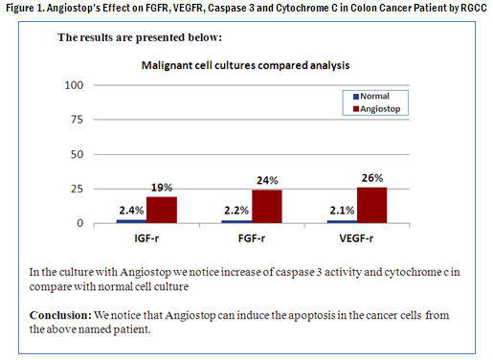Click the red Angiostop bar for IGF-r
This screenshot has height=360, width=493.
tap(160, 211)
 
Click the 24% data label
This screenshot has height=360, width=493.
tap(267, 181)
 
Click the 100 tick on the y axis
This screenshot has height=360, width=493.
tap(75, 85)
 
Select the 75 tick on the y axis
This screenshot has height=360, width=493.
tap(78, 121)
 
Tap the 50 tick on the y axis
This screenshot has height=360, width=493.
tap(78, 155)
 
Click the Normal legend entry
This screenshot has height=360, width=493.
tap(372, 96)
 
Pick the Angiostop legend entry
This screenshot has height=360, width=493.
tap(379, 109)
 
